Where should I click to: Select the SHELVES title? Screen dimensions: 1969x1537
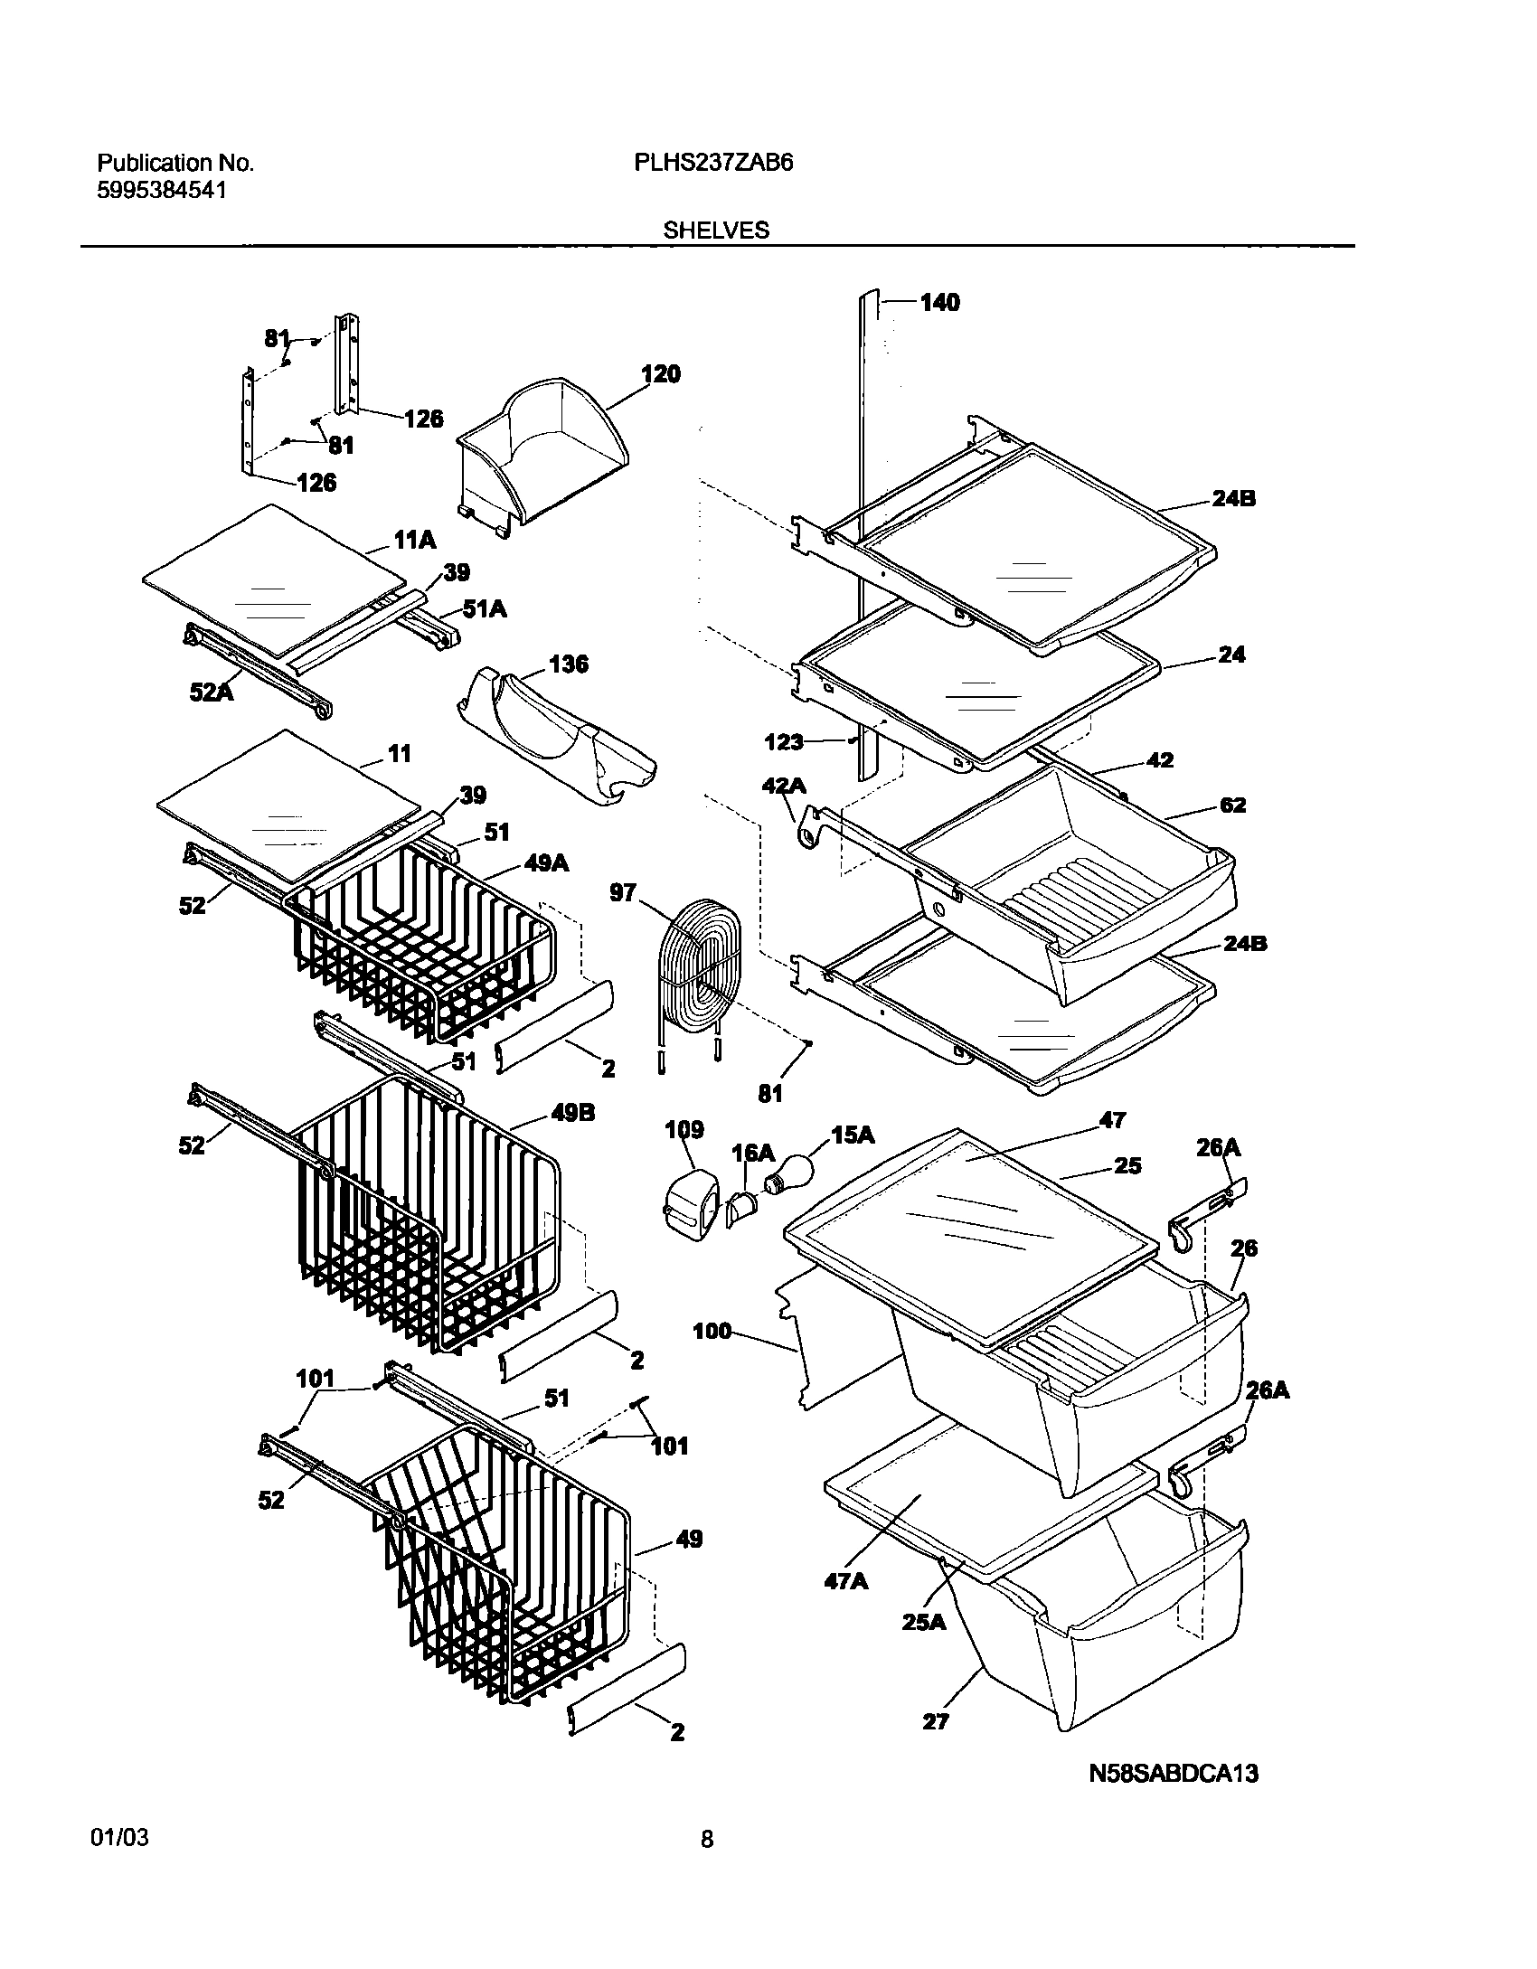[x=716, y=231]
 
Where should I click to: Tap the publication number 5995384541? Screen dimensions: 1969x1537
[x=161, y=191]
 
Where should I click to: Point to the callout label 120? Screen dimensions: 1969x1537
[x=661, y=374]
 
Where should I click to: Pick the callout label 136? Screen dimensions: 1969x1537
[x=568, y=664]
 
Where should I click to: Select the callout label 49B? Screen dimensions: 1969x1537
[x=573, y=1114]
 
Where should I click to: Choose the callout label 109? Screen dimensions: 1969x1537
[x=684, y=1130]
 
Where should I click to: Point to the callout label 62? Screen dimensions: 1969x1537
[x=1232, y=805]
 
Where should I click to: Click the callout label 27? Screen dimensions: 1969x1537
[x=935, y=1721]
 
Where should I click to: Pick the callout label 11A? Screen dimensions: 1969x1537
[x=415, y=541]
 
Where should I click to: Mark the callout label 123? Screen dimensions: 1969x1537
[x=784, y=742]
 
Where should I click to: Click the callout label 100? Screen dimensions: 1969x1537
[x=712, y=1332]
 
